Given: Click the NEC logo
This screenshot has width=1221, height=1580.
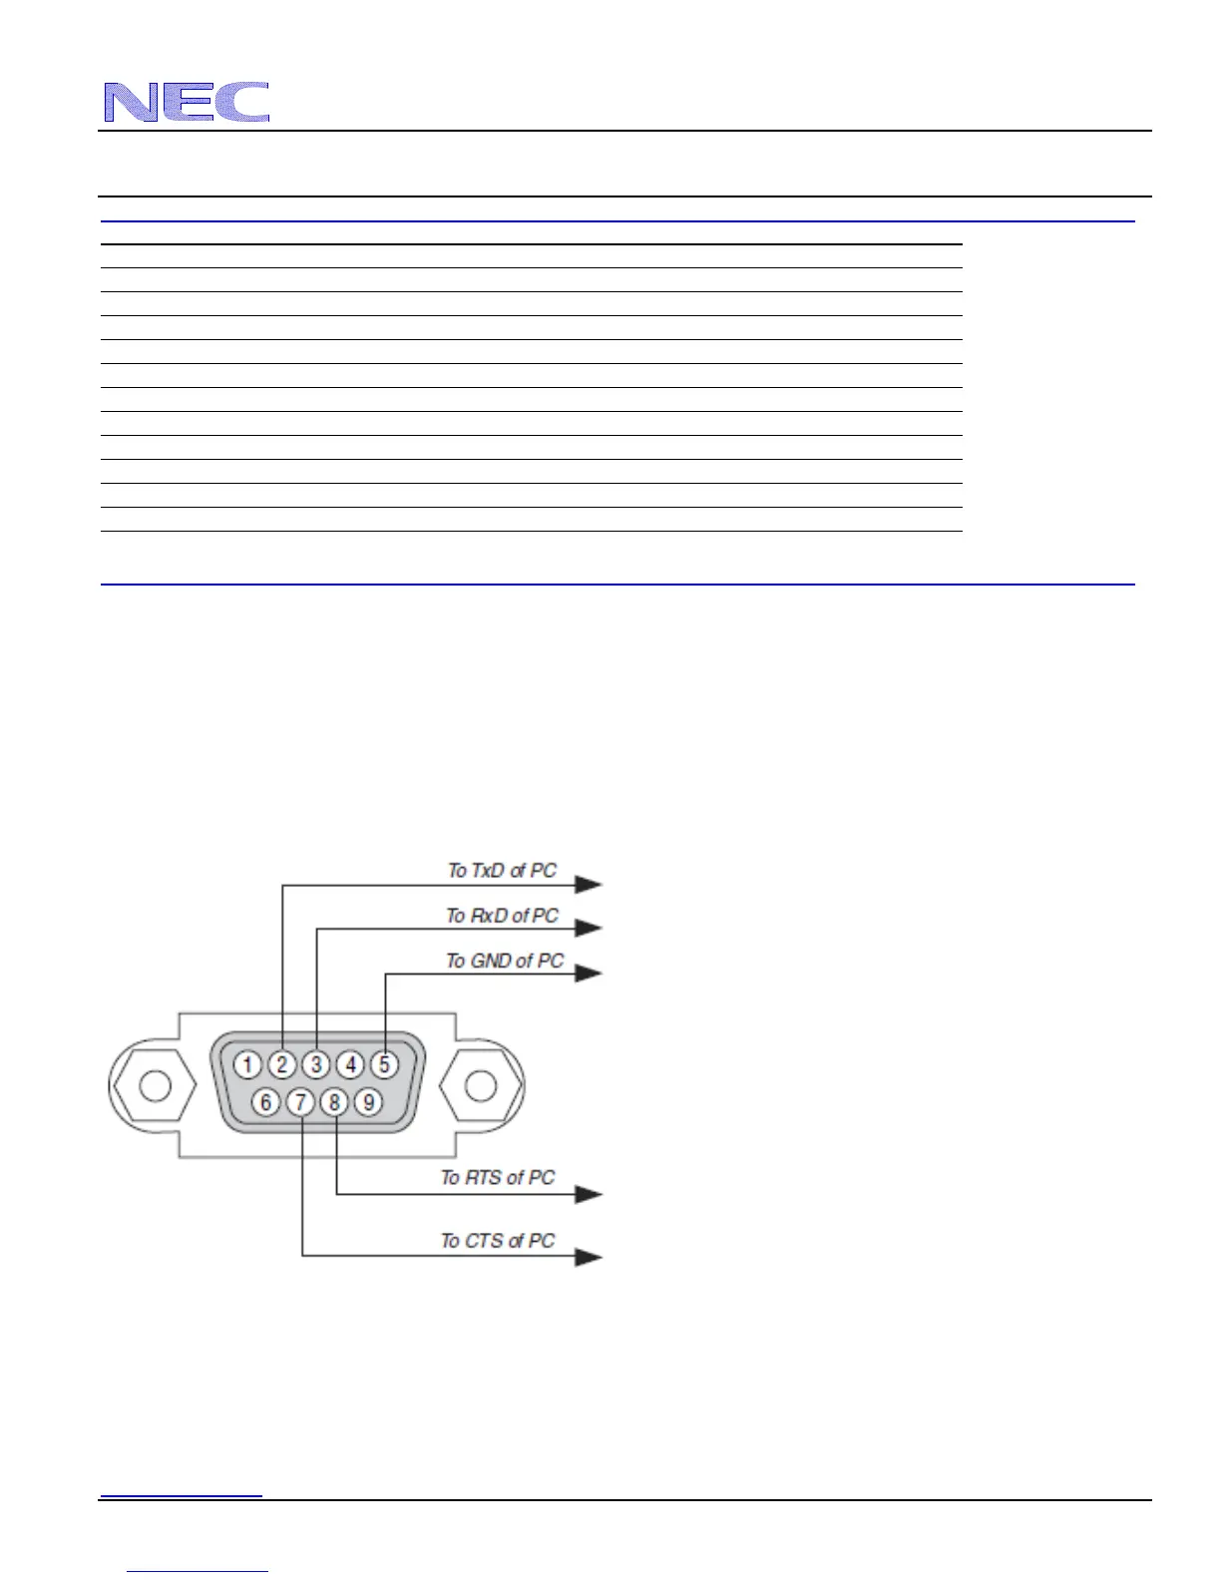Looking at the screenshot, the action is point(187,103).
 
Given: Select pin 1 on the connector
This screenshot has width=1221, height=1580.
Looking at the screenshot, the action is point(248,1065).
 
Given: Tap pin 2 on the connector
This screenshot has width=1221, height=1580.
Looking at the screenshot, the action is point(282,1065).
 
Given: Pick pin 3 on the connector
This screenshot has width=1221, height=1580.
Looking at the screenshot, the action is point(316,1065).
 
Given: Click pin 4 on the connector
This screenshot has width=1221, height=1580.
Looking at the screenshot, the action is point(350,1065).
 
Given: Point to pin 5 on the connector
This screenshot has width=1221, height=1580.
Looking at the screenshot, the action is point(384,1065).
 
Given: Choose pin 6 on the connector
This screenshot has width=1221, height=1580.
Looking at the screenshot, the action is point(265,1102).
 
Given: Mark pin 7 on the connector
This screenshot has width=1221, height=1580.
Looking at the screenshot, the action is point(300,1102).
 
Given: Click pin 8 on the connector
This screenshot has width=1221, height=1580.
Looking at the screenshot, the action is point(334,1102).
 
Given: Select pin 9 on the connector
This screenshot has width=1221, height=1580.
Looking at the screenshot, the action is point(368,1102).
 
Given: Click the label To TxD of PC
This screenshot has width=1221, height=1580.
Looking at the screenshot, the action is point(502,871).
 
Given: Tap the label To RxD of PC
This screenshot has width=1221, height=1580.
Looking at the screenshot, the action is point(502,916).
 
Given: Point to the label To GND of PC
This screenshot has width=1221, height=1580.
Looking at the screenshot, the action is point(504,961).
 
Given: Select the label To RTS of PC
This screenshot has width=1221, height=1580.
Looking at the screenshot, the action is point(498,1178).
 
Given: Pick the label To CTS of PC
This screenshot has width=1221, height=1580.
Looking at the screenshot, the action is point(498,1241).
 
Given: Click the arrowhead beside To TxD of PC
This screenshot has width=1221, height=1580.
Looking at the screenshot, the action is point(590,884).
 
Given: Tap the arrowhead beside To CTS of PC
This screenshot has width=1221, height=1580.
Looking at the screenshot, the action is point(590,1257).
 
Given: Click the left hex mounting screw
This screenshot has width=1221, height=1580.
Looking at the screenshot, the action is point(155,1085).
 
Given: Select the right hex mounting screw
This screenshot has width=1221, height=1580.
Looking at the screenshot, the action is point(481,1085).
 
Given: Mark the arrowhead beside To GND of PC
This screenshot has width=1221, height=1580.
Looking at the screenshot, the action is point(590,973).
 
